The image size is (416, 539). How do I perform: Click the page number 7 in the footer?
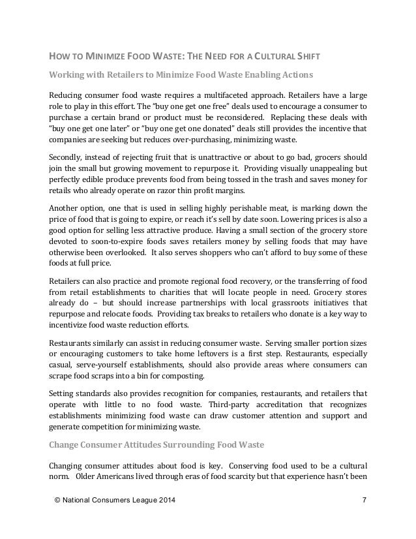364,501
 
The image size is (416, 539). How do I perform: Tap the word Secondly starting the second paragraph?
69,158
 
